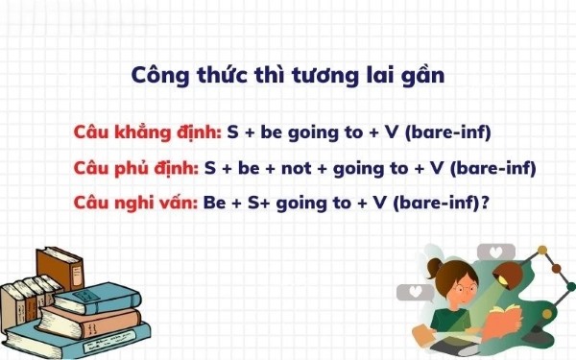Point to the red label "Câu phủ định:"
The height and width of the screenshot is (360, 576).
[x=135, y=168]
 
